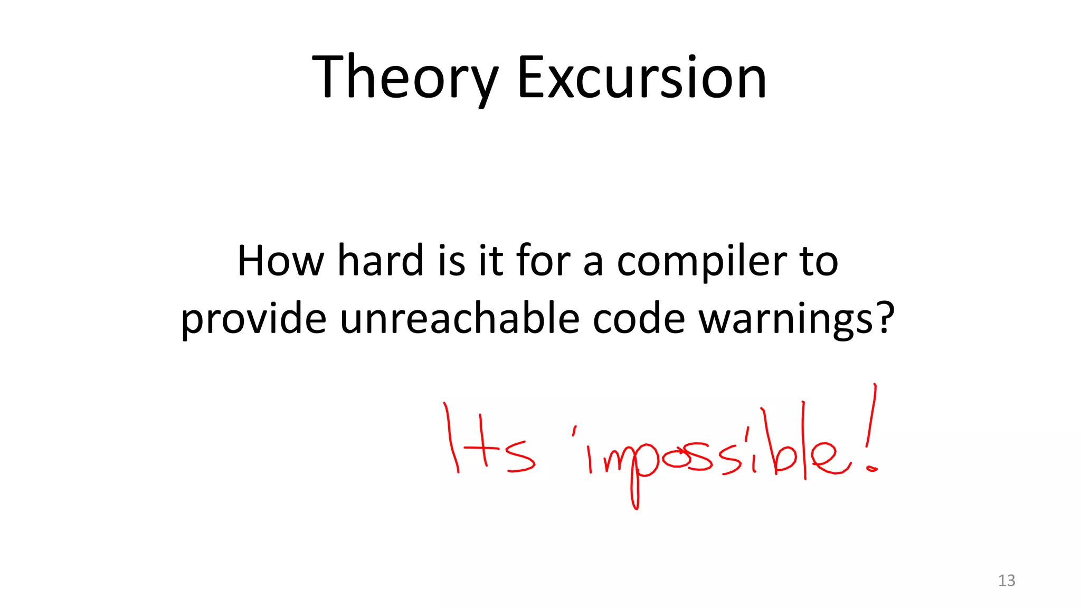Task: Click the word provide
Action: [x=253, y=320]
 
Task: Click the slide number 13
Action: [x=1007, y=581]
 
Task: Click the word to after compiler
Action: [x=819, y=261]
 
